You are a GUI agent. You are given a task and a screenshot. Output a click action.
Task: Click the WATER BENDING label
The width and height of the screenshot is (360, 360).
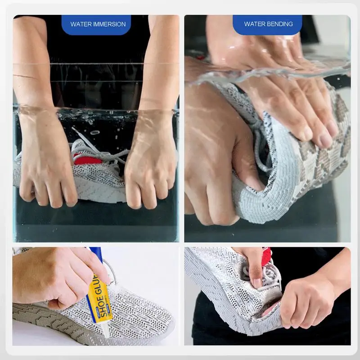(x=268, y=24)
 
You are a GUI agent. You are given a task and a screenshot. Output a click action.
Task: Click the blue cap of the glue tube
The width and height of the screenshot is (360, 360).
(x=95, y=255)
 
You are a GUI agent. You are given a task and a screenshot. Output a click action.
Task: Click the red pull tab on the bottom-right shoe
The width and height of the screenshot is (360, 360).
(x=266, y=256)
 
